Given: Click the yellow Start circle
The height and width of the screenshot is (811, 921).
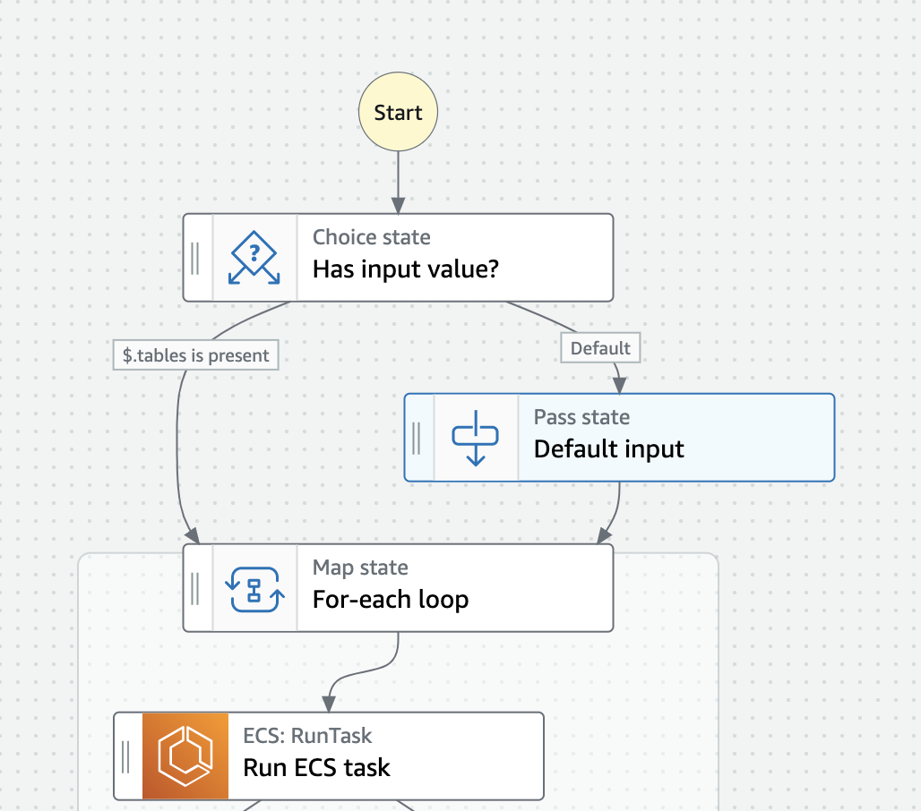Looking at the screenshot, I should (x=398, y=113).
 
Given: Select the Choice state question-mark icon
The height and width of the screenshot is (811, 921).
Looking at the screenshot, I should (x=254, y=258).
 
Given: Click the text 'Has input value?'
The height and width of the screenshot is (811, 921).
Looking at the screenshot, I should (x=405, y=269).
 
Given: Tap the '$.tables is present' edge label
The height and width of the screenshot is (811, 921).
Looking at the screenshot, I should (x=196, y=355).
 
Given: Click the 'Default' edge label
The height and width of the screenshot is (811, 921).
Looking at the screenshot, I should (x=600, y=348).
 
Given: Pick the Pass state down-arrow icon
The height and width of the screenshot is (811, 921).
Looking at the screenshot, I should (x=476, y=438).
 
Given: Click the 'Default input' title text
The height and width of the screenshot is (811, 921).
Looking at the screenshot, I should (x=608, y=449).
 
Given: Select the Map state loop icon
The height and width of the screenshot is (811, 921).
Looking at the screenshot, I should (x=254, y=588).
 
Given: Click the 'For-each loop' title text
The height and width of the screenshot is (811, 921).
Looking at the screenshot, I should (x=390, y=600).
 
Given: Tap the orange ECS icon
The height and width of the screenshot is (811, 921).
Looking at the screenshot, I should (x=185, y=756).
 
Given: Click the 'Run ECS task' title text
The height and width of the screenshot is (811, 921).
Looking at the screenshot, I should (x=316, y=768).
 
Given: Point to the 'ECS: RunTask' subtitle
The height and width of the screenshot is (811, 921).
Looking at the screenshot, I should (x=307, y=736).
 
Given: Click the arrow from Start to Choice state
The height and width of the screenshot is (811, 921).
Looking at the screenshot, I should (x=398, y=183).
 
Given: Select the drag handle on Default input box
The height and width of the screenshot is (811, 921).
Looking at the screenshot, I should (x=417, y=438).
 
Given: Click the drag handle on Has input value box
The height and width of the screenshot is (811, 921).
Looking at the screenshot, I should (x=195, y=258).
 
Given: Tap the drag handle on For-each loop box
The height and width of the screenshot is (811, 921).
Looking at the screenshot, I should (x=195, y=588).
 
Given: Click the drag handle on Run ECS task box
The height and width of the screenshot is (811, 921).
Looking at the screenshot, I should (x=126, y=756).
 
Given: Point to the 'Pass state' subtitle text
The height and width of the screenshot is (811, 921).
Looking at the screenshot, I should (x=581, y=417).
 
